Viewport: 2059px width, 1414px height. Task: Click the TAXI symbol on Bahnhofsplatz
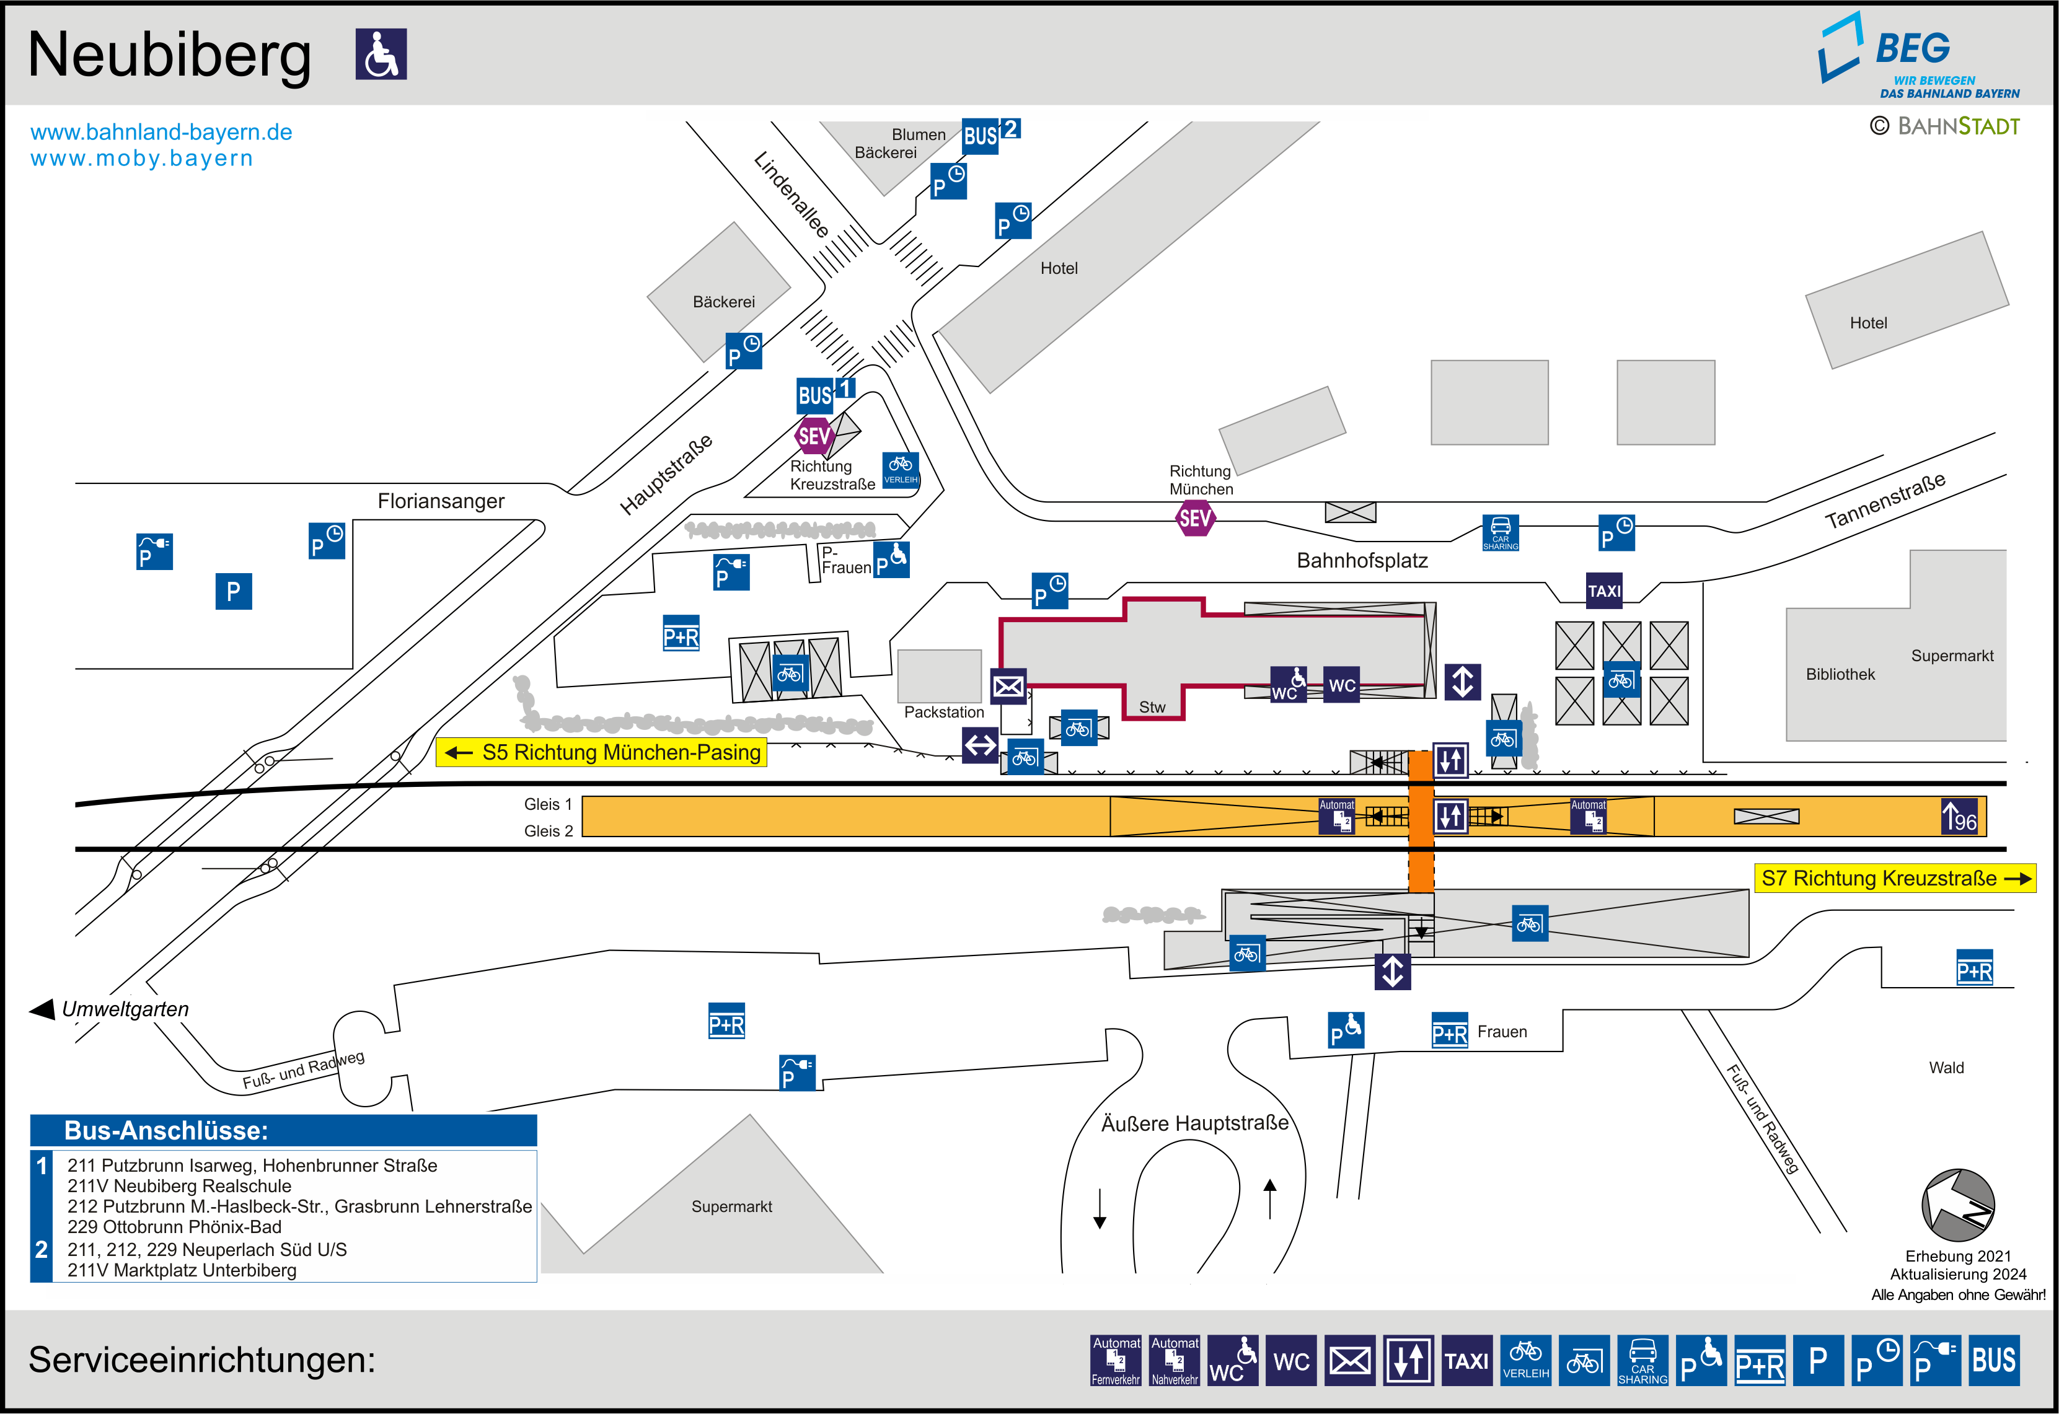click(x=1603, y=591)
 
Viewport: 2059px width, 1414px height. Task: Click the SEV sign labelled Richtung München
click(x=1194, y=518)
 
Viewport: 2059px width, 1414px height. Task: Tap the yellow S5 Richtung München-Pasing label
click(x=602, y=752)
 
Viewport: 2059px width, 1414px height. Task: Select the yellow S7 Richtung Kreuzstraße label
click(x=1894, y=878)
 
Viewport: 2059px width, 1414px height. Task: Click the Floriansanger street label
click(x=440, y=501)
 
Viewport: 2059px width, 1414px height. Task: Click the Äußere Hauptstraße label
click(x=1194, y=1123)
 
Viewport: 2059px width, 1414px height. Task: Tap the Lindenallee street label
click(x=791, y=194)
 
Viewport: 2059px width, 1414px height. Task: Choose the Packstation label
click(x=943, y=711)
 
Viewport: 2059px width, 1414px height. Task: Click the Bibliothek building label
click(x=1840, y=674)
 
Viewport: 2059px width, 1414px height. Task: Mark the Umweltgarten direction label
click(x=124, y=1009)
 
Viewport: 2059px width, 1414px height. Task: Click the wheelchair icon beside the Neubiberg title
click(x=381, y=54)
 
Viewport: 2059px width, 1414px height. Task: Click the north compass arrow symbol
click(x=1958, y=1205)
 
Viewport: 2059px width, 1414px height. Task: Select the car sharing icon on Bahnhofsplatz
click(x=1500, y=532)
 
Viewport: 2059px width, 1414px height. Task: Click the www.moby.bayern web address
click(x=142, y=159)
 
